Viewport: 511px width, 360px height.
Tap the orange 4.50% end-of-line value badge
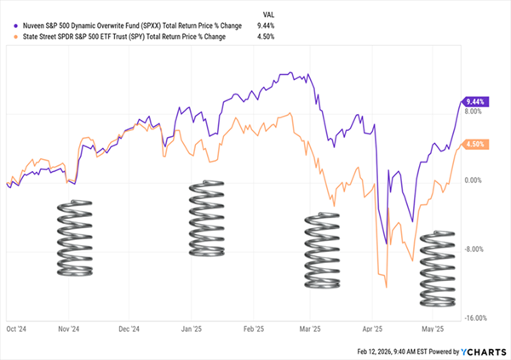[x=474, y=144]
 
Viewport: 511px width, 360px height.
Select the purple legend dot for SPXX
[x=8, y=26]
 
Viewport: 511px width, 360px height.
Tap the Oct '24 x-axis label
[x=17, y=327]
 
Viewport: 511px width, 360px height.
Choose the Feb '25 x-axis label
[x=251, y=327]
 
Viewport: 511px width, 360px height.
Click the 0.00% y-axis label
[x=474, y=180]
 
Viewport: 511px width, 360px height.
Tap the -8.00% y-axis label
[x=474, y=249]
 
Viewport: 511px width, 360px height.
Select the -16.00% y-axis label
[x=473, y=318]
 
